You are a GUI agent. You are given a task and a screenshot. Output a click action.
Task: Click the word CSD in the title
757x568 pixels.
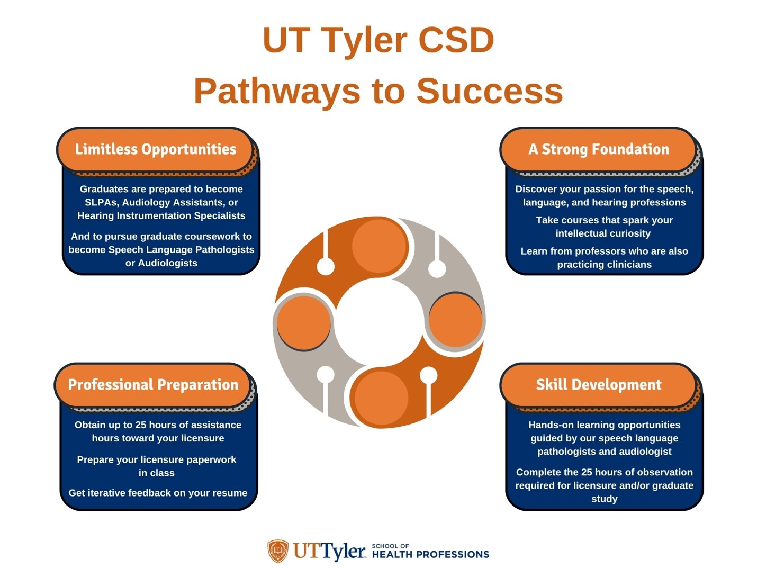456,40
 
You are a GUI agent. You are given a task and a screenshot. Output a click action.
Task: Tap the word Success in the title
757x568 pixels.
490,91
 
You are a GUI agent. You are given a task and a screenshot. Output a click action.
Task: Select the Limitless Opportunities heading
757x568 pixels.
156,149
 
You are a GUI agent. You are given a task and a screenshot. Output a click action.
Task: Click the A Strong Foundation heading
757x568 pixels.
599,149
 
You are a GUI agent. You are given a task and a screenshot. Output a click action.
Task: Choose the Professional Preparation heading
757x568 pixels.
153,385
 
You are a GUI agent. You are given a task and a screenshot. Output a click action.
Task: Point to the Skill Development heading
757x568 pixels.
599,384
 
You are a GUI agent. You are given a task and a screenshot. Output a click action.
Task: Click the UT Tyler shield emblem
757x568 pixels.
278,551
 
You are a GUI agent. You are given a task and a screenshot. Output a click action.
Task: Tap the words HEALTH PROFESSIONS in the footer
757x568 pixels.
431,555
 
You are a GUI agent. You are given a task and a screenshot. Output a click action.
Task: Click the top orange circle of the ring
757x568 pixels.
380,246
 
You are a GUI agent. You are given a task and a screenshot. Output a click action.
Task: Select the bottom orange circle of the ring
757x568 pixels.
382,398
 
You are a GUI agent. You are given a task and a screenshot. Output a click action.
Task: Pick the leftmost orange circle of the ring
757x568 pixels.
304,322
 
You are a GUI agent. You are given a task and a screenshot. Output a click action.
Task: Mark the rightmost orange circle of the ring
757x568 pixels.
455,320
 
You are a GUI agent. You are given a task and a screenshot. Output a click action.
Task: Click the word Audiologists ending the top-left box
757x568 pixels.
168,263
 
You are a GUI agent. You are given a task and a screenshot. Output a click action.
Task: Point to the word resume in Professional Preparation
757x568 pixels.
232,493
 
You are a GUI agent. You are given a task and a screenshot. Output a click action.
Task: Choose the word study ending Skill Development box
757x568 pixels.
604,499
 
